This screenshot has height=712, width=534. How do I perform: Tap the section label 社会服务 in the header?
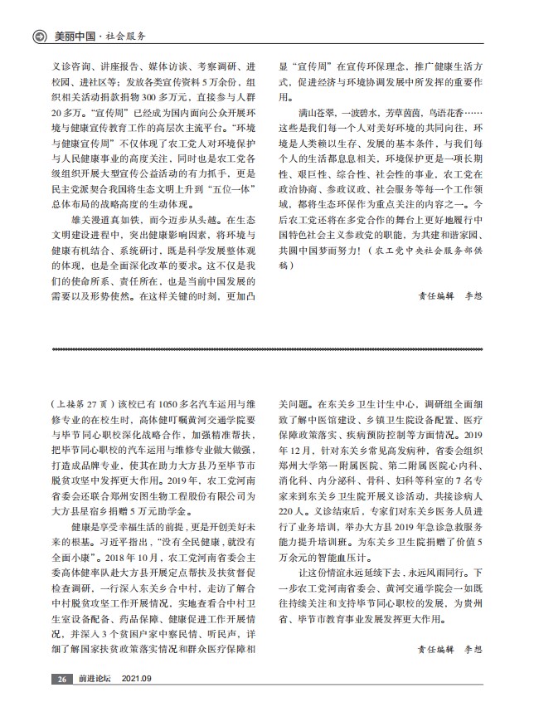[x=128, y=37]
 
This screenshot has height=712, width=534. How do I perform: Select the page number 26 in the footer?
[x=62, y=680]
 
